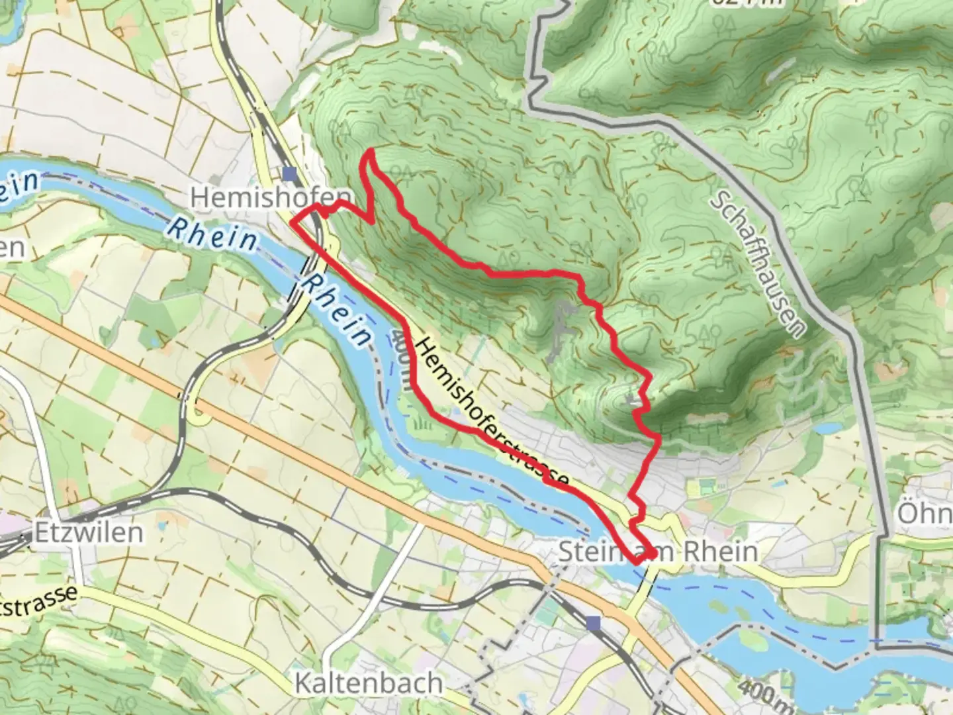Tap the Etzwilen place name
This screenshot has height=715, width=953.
tap(89, 532)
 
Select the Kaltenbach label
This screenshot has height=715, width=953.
tap(369, 683)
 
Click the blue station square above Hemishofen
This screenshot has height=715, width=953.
tap(289, 173)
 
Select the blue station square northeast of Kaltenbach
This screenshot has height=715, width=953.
tap(593, 623)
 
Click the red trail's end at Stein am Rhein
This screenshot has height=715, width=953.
tap(652, 552)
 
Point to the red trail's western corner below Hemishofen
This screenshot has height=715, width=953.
tap(293, 223)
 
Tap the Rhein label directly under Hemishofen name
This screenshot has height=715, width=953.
tap(212, 233)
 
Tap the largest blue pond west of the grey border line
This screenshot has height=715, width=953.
tap(827, 428)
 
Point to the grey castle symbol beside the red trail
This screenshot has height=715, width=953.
tap(631, 401)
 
